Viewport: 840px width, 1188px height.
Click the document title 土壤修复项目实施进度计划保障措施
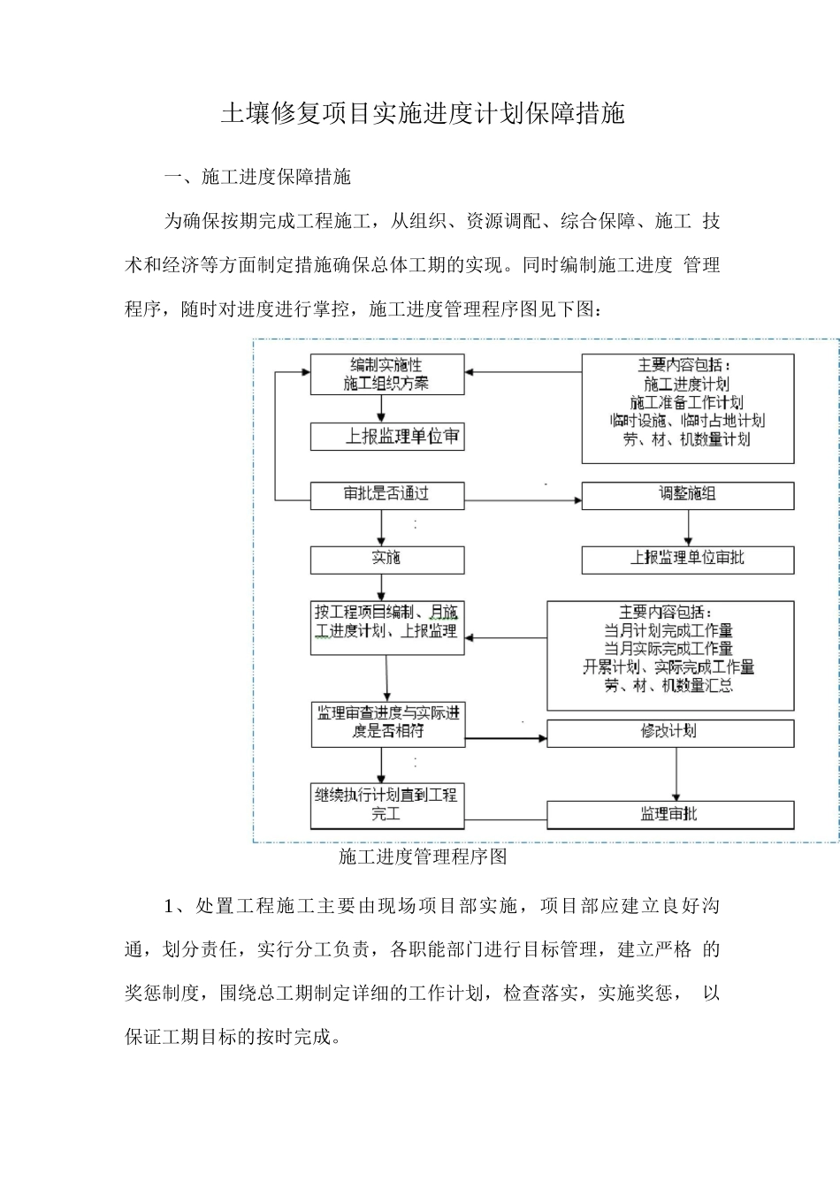tap(422, 114)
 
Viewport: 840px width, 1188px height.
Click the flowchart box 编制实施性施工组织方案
tap(386, 374)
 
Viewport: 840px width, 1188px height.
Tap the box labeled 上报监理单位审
tap(386, 437)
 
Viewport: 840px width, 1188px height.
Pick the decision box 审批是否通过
tap(386, 494)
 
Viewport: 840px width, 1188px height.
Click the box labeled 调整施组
tap(687, 494)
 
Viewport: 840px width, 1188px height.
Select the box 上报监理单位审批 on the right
tap(687, 559)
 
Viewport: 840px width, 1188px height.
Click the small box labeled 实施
tap(386, 559)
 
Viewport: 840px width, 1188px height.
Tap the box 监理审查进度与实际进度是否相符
tap(387, 723)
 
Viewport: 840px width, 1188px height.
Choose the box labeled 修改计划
tap(669, 732)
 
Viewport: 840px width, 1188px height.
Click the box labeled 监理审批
tap(669, 814)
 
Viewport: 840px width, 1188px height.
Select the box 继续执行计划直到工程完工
tap(386, 804)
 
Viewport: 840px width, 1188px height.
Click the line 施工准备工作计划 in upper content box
tap(687, 402)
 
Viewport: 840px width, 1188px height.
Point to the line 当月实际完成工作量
tap(668, 648)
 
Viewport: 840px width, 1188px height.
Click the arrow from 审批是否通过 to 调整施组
tap(522, 501)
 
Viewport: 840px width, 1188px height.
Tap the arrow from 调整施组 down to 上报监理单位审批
tap(687, 528)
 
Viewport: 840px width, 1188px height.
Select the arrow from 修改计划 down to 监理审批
tap(676, 773)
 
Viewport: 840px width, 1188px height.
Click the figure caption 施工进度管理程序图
tap(423, 857)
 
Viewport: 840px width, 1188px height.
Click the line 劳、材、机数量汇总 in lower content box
tap(668, 685)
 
